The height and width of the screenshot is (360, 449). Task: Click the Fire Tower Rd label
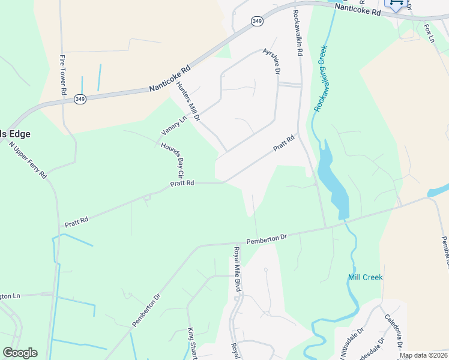pyautogui.click(x=62, y=75)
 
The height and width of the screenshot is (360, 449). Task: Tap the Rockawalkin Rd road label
pyautogui.click(x=297, y=33)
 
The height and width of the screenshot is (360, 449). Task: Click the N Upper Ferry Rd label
pyautogui.click(x=28, y=160)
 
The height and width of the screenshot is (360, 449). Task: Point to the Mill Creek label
pyautogui.click(x=365, y=277)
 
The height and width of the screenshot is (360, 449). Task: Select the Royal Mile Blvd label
pyautogui.click(x=237, y=269)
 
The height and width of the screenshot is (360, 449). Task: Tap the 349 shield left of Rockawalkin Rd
pyautogui.click(x=257, y=21)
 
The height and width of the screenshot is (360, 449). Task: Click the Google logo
pyautogui.click(x=20, y=353)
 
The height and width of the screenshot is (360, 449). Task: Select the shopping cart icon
pyautogui.click(x=396, y=3)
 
